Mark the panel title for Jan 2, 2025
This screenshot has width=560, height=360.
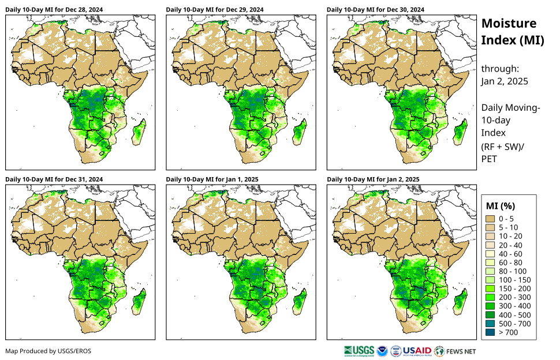click(x=373, y=179)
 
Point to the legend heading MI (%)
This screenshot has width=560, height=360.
click(x=501, y=205)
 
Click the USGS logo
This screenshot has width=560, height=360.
click(x=358, y=350)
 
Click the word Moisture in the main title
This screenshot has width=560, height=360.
click(x=509, y=24)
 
